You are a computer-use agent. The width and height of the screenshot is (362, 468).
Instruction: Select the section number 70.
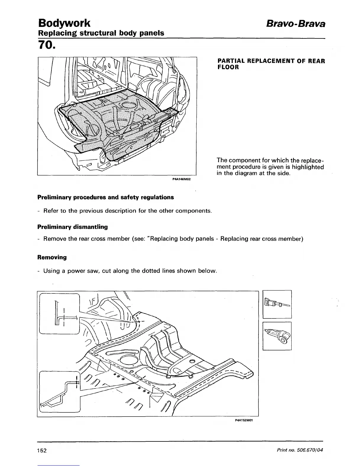click(46, 45)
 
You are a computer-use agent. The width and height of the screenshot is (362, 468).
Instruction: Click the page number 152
click(42, 451)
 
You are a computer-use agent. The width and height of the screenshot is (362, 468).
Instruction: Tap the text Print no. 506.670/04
click(301, 450)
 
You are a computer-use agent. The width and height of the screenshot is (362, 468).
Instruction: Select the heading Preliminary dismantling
click(72, 227)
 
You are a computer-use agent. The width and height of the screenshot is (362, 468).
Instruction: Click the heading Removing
click(52, 257)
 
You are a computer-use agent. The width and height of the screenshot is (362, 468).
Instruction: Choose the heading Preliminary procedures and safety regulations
click(106, 197)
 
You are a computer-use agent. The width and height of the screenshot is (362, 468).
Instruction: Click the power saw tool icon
click(277, 304)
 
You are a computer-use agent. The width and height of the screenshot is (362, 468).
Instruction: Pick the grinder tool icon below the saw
click(277, 335)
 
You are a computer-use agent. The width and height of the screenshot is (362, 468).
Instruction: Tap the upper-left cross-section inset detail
click(59, 313)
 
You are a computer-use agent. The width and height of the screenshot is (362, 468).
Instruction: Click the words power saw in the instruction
click(81, 271)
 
